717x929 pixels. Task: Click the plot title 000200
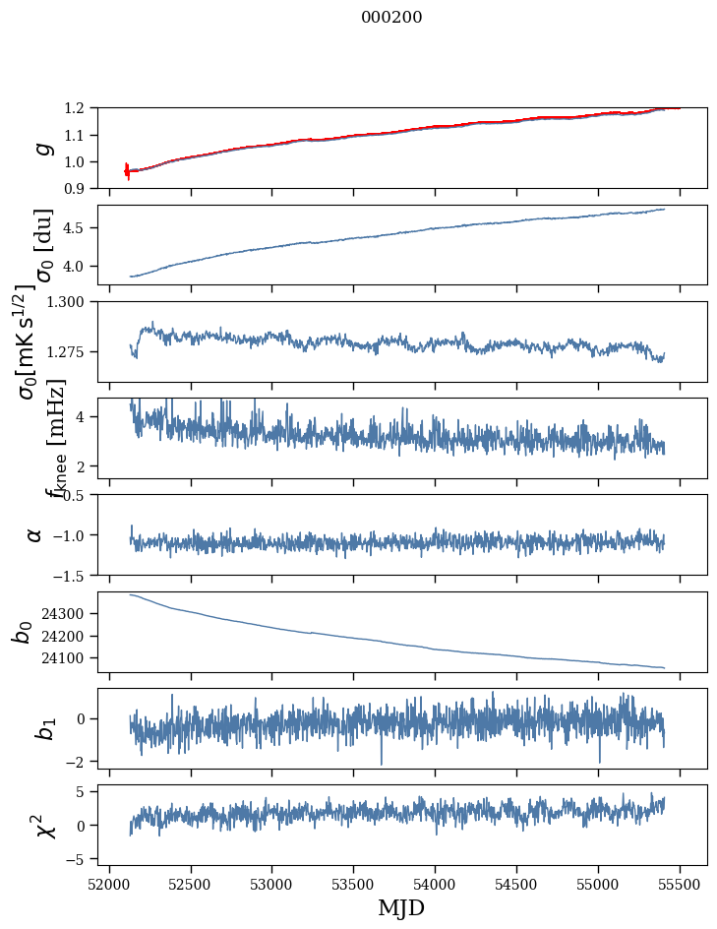coord(391,17)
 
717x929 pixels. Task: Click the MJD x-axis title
coord(401,908)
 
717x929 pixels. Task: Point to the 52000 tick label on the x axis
coord(109,883)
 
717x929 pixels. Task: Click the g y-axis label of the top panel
coord(41,148)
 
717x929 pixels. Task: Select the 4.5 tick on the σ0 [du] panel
coord(83,228)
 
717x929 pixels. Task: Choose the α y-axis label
coord(34,534)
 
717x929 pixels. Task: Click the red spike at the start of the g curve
coord(127,171)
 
